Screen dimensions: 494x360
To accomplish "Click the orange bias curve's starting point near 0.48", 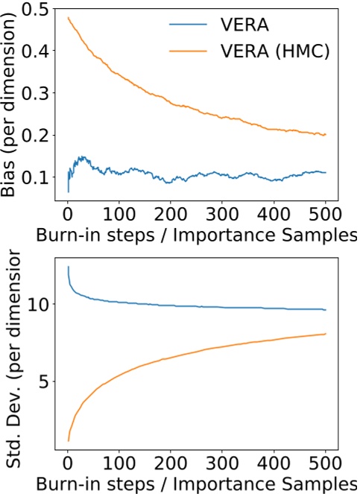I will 69,17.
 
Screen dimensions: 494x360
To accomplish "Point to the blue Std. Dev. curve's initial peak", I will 69,267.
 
